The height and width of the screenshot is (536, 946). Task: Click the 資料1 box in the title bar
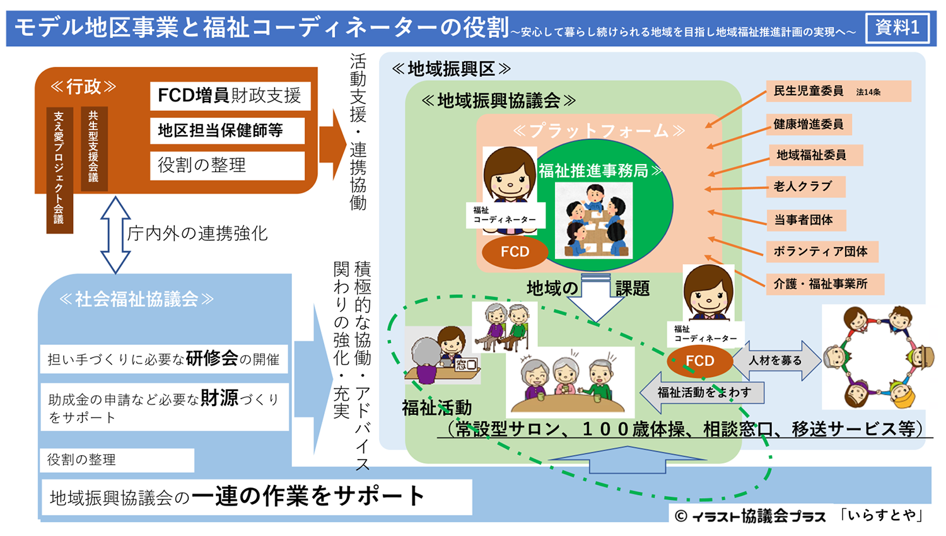(897, 28)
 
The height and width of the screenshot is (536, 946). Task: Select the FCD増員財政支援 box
(230, 96)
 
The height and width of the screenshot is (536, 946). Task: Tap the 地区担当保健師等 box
(227, 131)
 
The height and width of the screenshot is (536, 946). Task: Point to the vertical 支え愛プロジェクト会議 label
(59, 170)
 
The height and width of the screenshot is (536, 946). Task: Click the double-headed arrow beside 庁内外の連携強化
(115, 235)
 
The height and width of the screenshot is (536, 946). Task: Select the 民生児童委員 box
(839, 91)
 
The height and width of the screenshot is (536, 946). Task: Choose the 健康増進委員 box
(809, 124)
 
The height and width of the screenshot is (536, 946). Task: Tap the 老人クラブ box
(806, 187)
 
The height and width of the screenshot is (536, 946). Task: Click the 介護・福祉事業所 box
(825, 284)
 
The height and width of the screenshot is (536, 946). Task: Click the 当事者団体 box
(806, 220)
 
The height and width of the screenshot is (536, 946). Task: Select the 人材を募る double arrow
(776, 360)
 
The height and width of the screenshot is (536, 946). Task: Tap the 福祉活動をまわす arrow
(702, 392)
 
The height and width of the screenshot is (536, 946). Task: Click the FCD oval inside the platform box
(515, 252)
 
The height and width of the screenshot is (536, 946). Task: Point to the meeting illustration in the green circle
(594, 220)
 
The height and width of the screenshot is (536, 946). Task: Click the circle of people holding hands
(878, 357)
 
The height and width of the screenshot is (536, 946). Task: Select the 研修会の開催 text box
(164, 359)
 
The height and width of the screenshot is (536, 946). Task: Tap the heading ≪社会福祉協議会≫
(136, 299)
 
